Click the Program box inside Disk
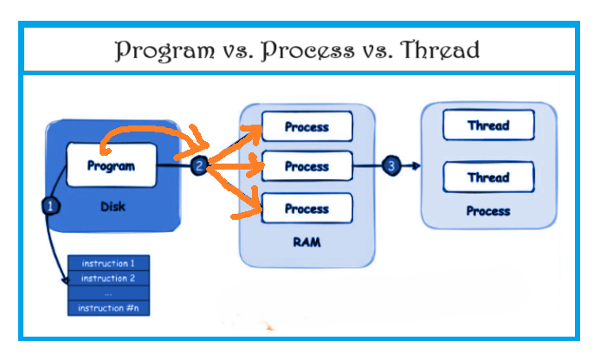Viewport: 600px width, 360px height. click(x=112, y=165)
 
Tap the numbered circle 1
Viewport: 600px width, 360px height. click(x=50, y=206)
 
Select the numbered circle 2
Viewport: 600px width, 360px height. click(x=199, y=165)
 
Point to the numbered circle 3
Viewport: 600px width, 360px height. click(x=391, y=165)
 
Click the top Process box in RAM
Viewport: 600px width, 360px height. click(x=306, y=126)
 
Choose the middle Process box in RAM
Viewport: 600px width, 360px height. click(x=306, y=166)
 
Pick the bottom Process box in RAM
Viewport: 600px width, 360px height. click(x=306, y=208)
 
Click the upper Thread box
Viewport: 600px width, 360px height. click(x=488, y=125)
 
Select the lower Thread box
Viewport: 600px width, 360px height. click(x=488, y=177)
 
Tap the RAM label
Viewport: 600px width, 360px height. click(x=306, y=242)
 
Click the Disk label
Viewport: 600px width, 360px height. click(x=113, y=207)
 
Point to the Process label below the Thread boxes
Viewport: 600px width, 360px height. click(x=488, y=211)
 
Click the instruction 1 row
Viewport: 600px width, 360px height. click(x=109, y=263)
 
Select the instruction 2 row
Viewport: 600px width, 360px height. click(x=109, y=278)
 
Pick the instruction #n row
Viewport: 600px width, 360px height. click(x=109, y=308)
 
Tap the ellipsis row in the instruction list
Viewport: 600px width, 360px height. click(x=109, y=293)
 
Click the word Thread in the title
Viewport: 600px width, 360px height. click(x=440, y=49)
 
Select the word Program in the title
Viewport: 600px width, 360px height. click(x=165, y=50)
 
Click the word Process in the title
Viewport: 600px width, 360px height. click(x=307, y=50)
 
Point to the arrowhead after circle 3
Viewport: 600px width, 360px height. click(x=416, y=165)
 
